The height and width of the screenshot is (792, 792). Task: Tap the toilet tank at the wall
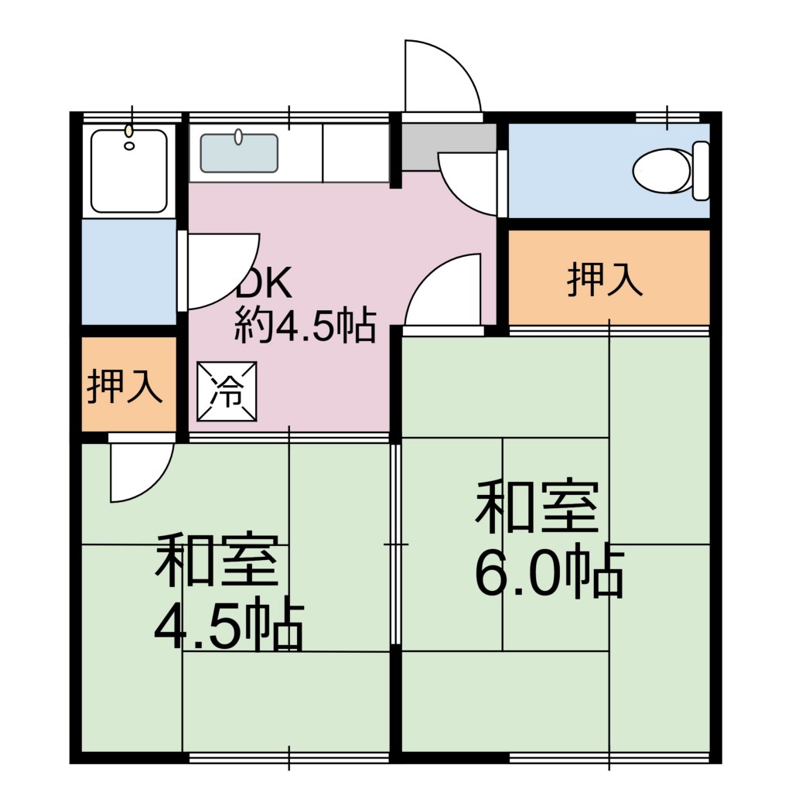[701, 171]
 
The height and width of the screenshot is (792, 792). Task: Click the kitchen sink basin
[239, 153]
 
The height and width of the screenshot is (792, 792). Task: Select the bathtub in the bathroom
[129, 171]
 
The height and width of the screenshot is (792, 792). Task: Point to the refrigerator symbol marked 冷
[227, 391]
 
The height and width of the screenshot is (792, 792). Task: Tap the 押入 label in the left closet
[125, 387]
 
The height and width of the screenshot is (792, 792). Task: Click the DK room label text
[265, 283]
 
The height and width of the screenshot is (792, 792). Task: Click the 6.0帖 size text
[549, 572]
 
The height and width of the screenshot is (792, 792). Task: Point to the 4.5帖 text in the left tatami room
[228, 625]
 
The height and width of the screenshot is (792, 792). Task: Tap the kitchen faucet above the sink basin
[238, 136]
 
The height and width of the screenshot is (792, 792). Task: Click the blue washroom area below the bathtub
[129, 271]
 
